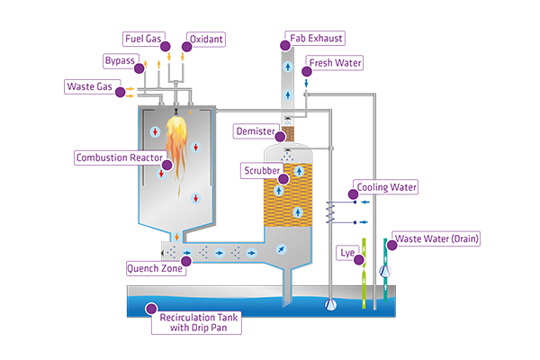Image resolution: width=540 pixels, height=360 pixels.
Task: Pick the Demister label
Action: click(255, 131)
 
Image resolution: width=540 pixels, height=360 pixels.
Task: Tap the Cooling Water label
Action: click(388, 187)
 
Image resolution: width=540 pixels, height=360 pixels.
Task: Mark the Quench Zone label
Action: click(155, 268)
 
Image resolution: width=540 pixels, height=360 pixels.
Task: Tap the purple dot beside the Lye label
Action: click(359, 259)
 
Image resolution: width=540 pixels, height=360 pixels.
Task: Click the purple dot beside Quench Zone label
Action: click(184, 268)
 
